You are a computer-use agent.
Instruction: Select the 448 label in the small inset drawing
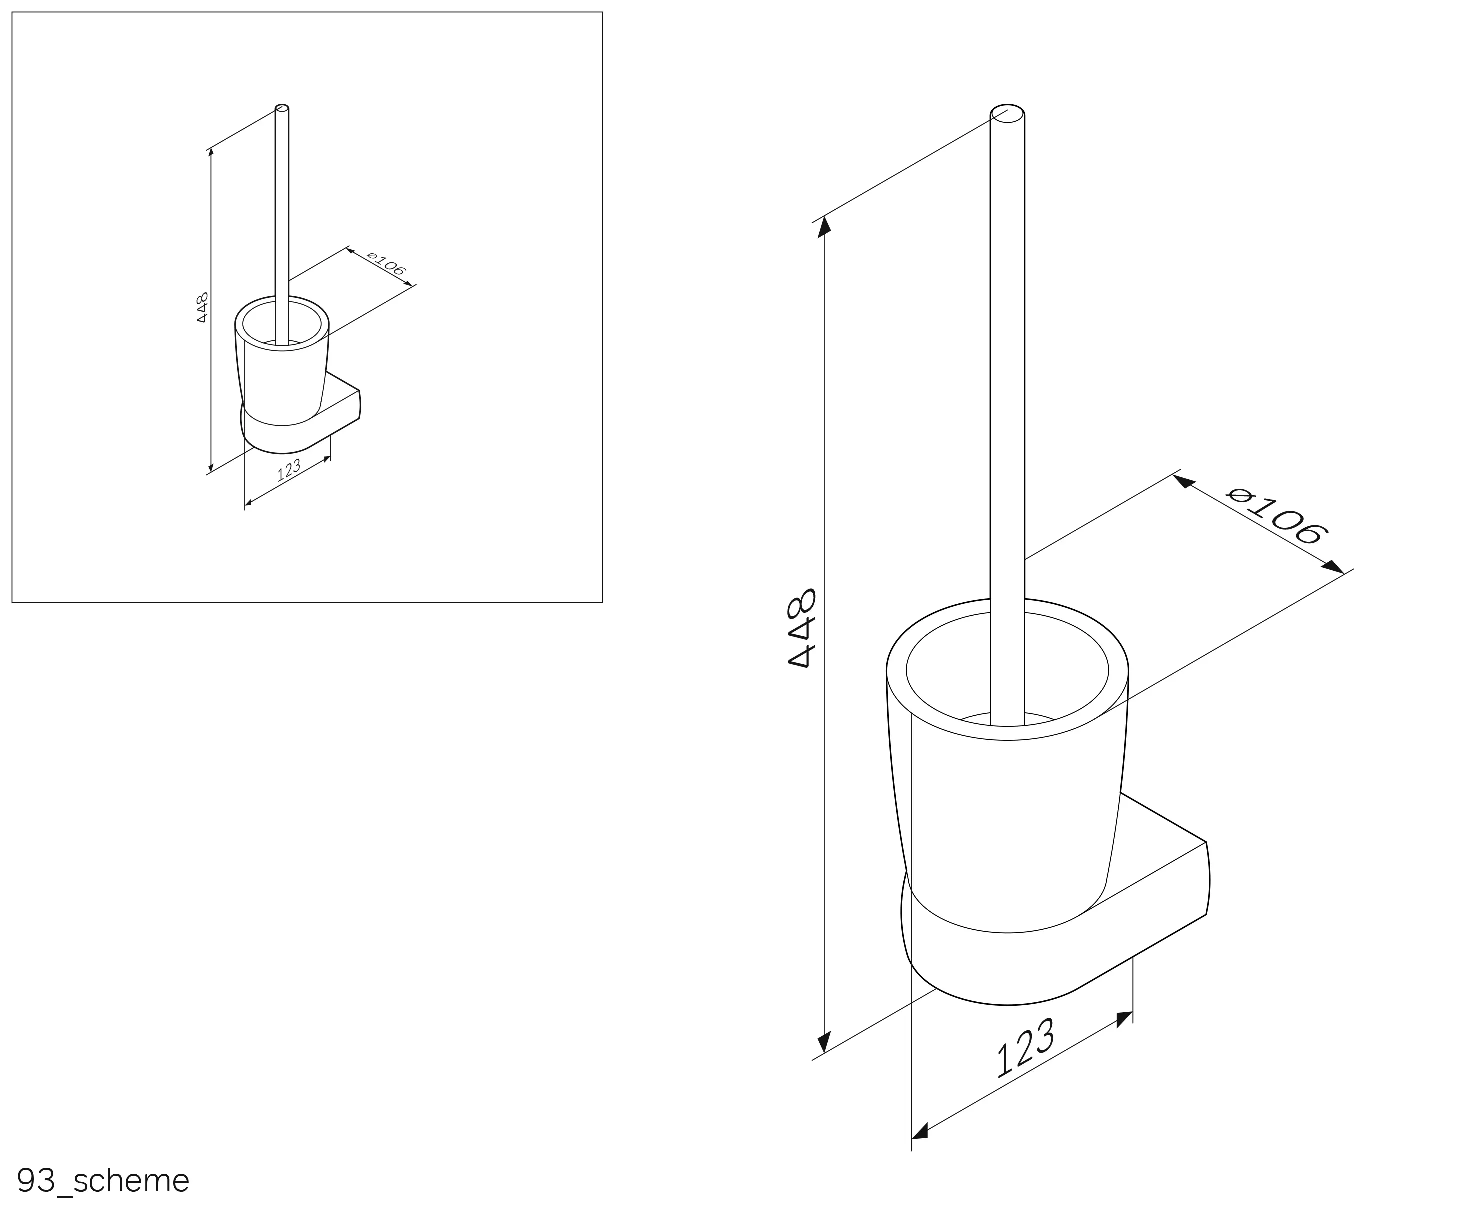[x=202, y=307]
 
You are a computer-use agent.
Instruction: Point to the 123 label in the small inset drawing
[x=289, y=469]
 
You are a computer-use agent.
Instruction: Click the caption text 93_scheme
[x=103, y=1180]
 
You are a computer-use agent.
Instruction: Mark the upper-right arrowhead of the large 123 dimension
[x=1124, y=1019]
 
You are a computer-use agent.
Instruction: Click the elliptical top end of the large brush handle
[x=1007, y=114]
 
